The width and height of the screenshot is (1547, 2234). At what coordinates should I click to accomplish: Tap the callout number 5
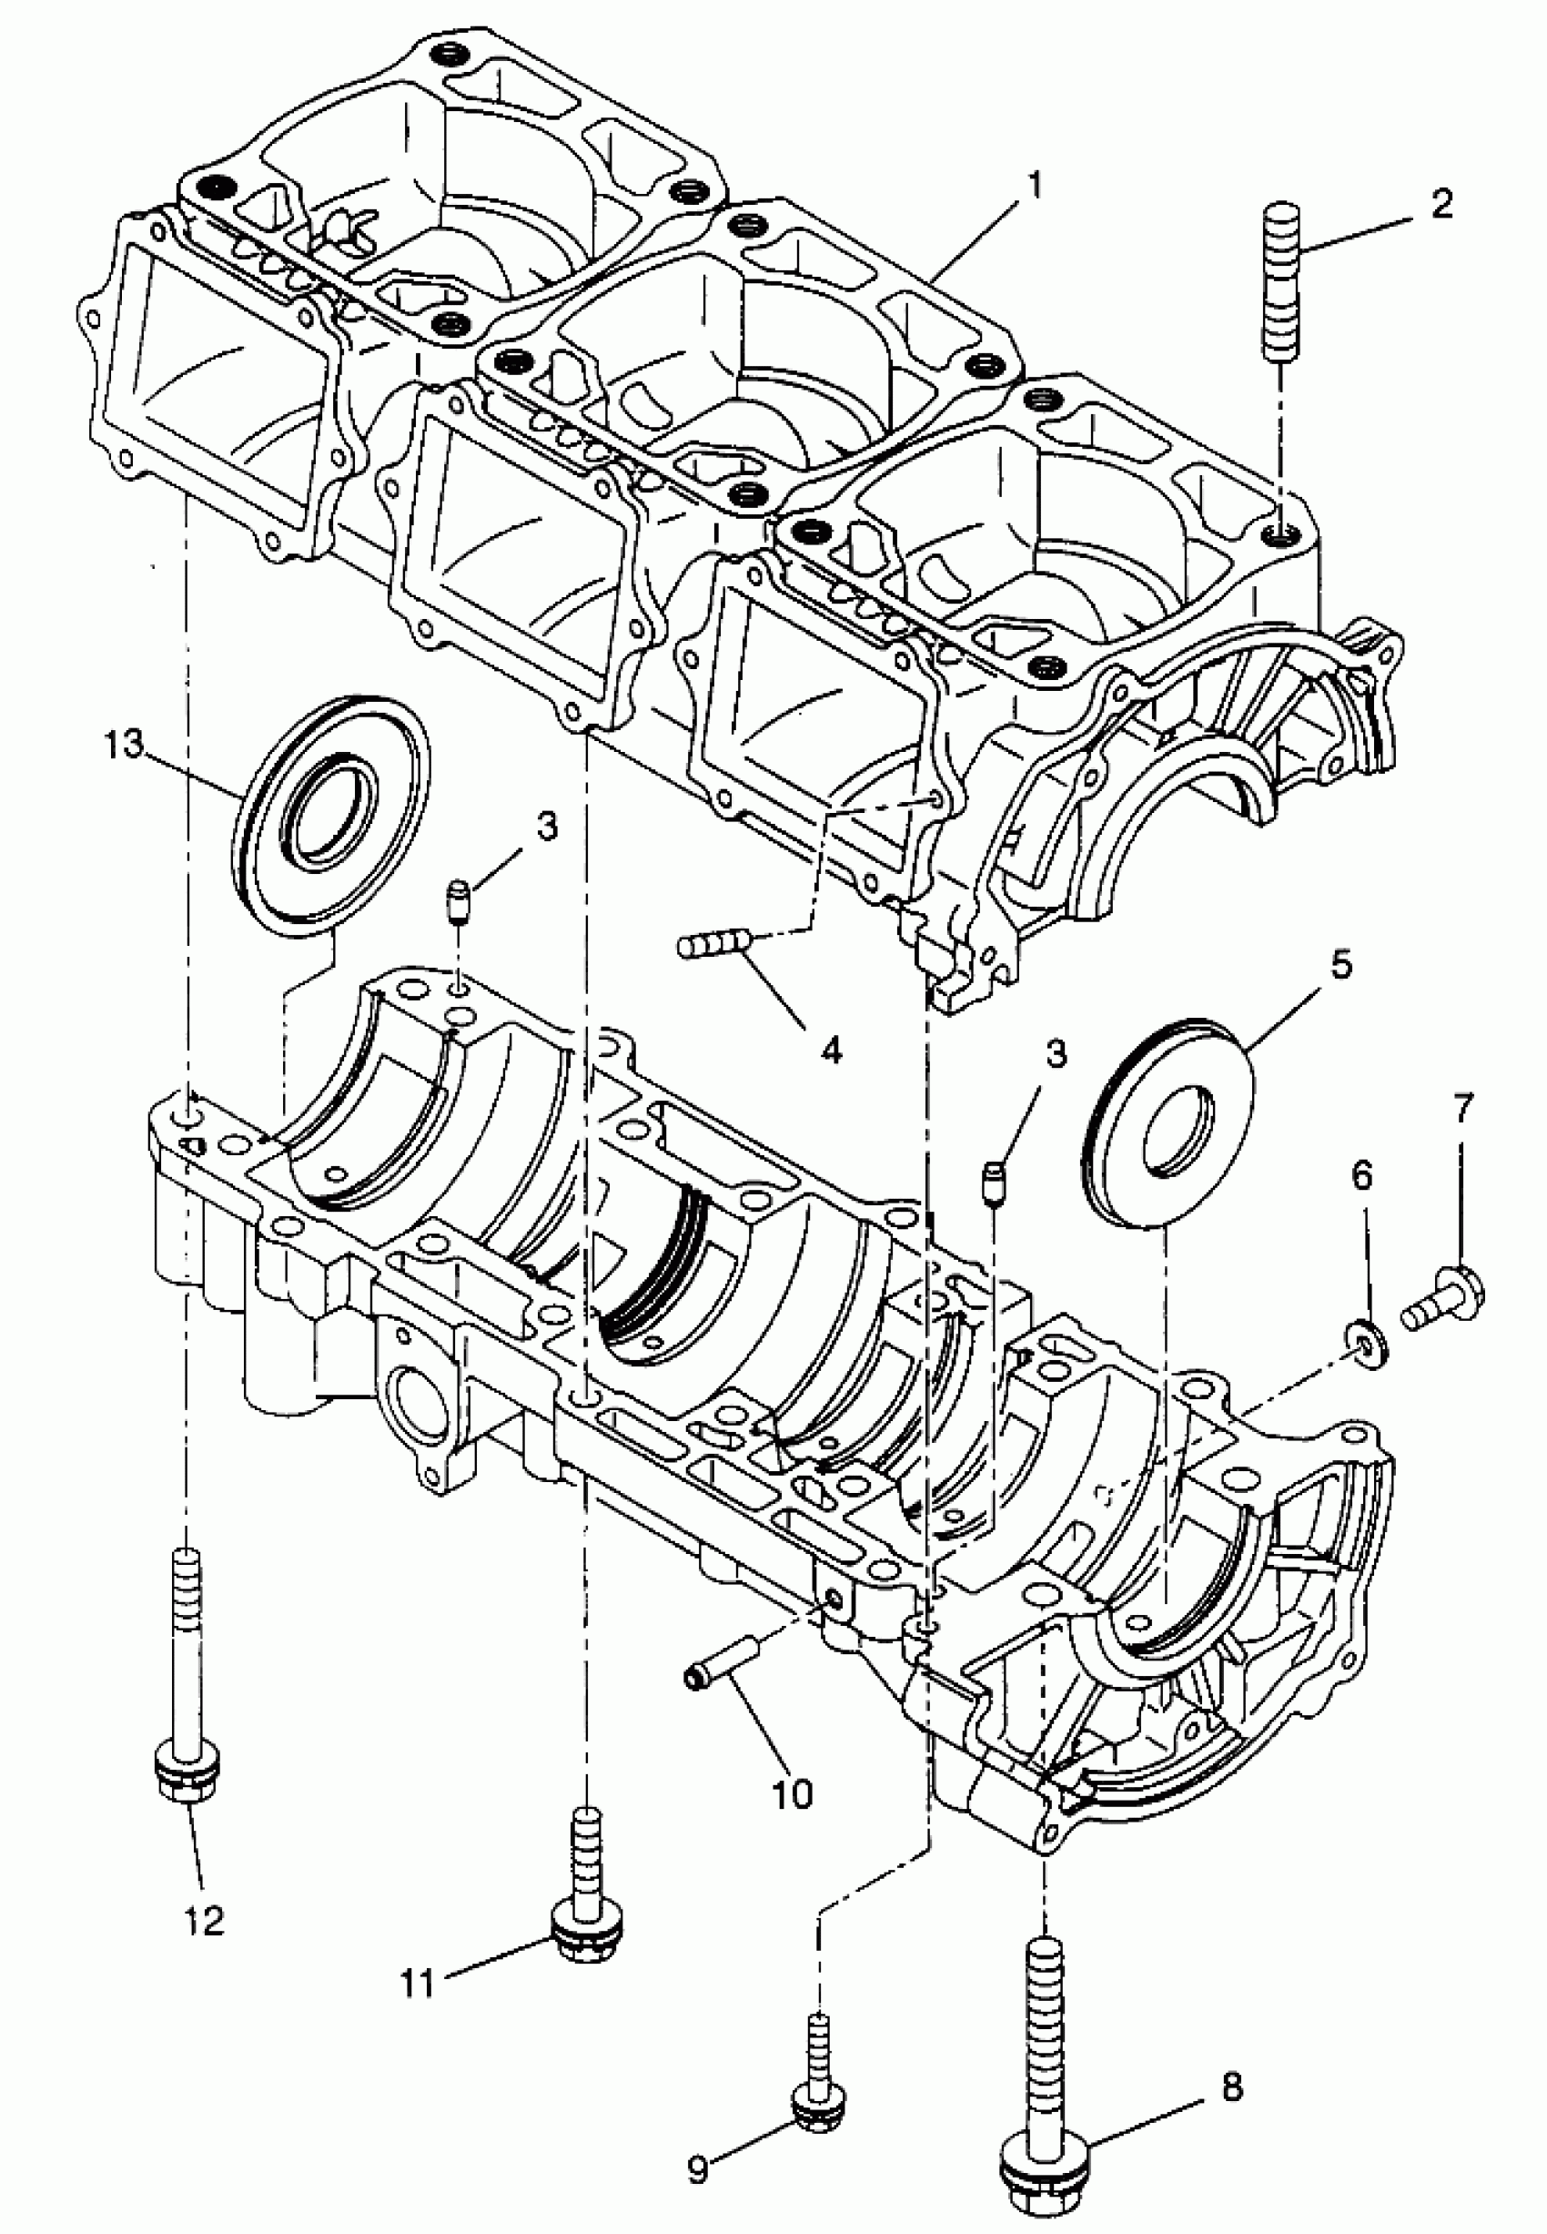click(1340, 965)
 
